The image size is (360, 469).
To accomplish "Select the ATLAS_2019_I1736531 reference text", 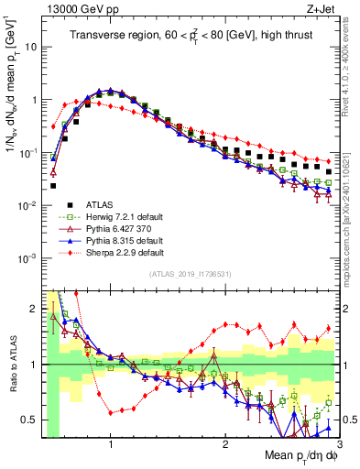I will tap(184, 274).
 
